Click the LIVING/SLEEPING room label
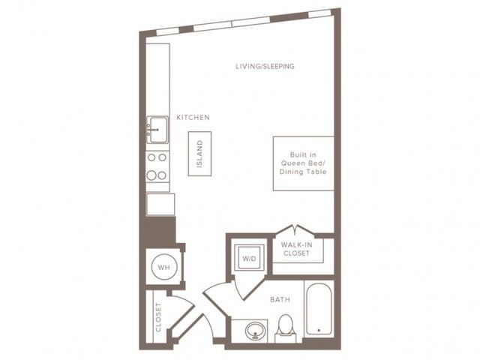[x=265, y=66]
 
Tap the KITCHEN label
[x=193, y=117]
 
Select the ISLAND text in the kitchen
[x=199, y=154]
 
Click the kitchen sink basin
[x=159, y=130]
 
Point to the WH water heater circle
[x=163, y=267]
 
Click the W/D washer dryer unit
[x=249, y=259]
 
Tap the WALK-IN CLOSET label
[x=296, y=249]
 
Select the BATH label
[x=280, y=299]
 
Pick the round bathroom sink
[x=255, y=331]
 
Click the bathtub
[x=319, y=308]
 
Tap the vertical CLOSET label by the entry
[x=158, y=317]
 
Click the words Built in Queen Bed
[x=303, y=159]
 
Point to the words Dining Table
[x=303, y=172]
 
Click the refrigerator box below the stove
[x=160, y=204]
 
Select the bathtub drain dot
[x=319, y=330]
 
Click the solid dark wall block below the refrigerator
[x=158, y=231]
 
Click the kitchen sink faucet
[x=152, y=130]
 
